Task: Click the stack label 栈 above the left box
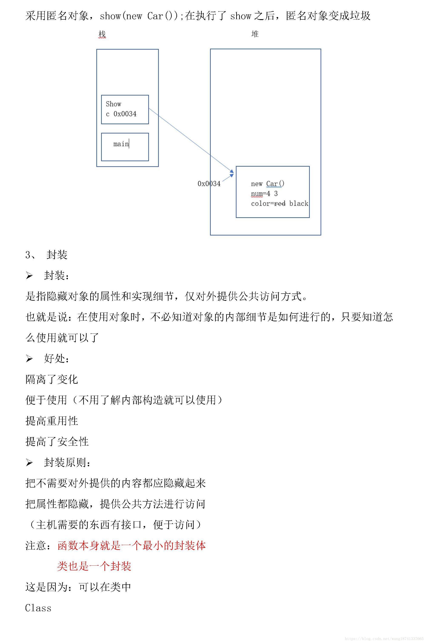102,34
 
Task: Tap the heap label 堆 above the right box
255,34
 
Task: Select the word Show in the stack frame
113,104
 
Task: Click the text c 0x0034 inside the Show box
121,114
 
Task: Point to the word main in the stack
121,144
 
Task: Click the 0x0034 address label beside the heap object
209,184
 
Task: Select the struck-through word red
280,203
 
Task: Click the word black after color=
299,203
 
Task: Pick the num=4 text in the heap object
260,194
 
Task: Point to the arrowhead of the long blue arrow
232,172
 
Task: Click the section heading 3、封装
46,255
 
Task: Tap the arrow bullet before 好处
29,359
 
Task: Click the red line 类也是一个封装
94,566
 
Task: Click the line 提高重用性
52,421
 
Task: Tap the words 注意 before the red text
36,546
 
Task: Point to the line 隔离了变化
52,379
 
